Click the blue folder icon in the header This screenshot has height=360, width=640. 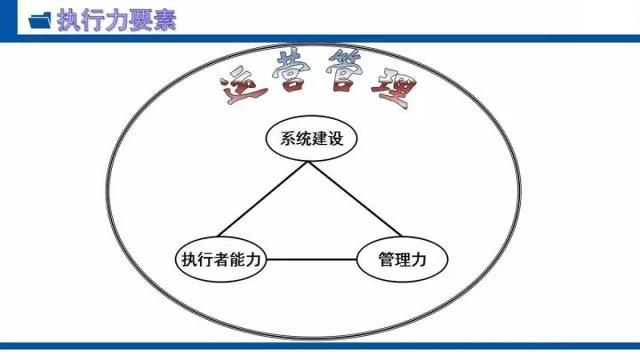(x=40, y=20)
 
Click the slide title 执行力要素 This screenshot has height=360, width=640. (x=116, y=20)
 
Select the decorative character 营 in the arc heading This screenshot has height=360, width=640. (x=290, y=70)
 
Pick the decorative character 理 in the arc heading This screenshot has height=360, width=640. (x=394, y=91)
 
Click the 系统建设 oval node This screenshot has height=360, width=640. (x=311, y=139)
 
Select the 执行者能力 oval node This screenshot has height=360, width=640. (x=220, y=260)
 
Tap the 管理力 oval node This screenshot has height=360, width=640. (x=402, y=260)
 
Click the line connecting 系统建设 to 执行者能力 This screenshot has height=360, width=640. (x=263, y=199)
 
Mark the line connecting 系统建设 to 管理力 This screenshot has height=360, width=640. (x=355, y=199)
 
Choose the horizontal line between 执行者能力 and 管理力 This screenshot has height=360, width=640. (x=311, y=260)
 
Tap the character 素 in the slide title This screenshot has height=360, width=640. (x=164, y=20)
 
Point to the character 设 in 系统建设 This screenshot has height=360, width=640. (x=335, y=139)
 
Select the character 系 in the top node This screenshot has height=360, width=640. (x=288, y=139)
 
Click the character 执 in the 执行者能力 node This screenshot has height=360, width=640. (x=189, y=260)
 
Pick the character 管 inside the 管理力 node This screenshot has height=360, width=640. (x=386, y=260)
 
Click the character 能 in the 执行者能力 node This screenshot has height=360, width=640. (x=237, y=260)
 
